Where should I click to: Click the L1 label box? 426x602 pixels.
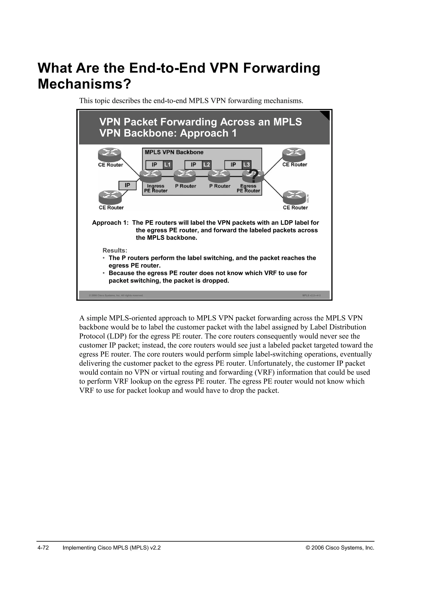167,165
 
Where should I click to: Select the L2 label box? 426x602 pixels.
206,165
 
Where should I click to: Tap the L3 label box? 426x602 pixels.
246,165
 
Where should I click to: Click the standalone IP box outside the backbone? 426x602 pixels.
128,185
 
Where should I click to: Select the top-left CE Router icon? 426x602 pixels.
110,155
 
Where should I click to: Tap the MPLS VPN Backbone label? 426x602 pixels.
174,152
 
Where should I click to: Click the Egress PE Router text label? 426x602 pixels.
248,189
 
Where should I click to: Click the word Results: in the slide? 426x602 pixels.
115,250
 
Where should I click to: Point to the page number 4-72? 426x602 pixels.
43,548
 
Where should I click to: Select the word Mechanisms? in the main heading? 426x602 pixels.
84,84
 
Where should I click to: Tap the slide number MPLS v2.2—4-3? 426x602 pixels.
311,296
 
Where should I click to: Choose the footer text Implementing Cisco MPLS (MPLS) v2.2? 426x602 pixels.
112,548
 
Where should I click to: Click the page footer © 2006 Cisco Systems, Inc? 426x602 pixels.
340,548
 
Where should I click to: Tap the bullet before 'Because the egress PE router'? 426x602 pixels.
104,273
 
